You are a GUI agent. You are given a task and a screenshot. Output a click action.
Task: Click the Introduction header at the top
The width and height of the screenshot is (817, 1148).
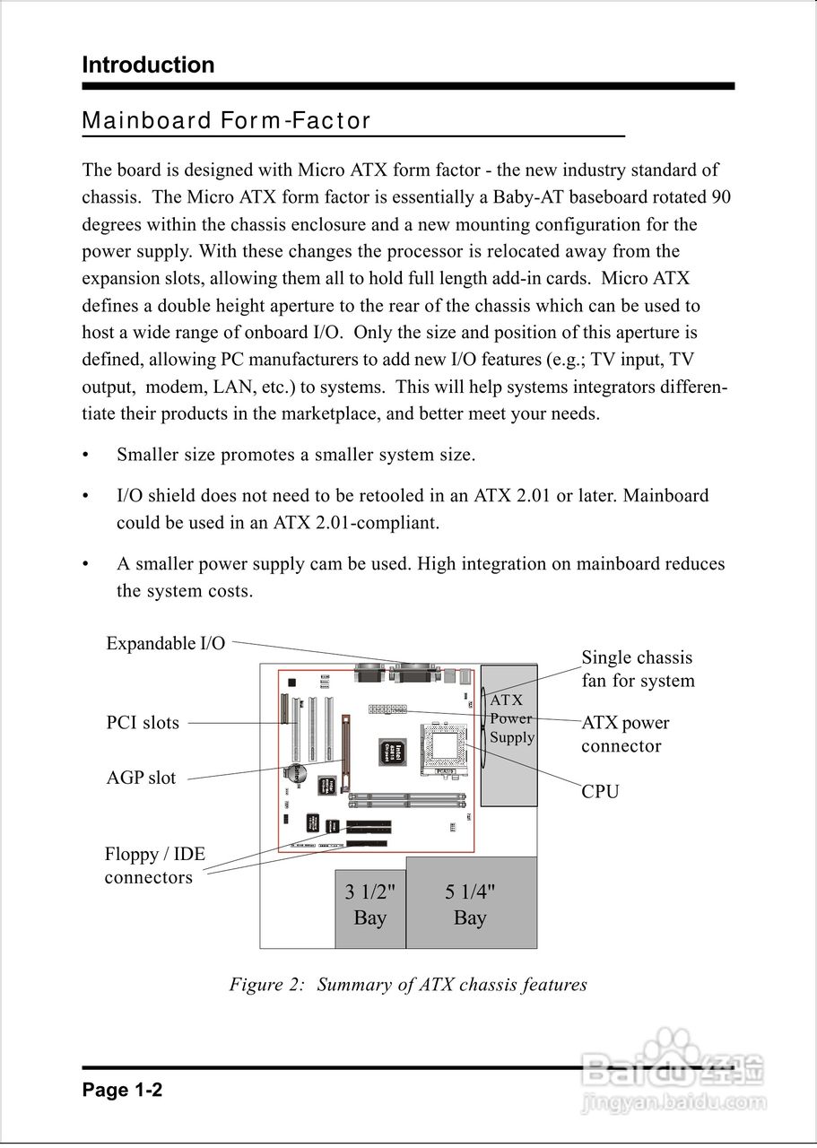tap(148, 65)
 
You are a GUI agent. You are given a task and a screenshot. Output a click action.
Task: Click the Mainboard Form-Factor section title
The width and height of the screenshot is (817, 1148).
tap(226, 121)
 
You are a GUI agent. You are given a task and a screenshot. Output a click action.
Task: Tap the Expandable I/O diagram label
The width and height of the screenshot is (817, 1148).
tap(166, 643)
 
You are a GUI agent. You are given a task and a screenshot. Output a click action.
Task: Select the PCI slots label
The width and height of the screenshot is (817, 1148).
tap(143, 723)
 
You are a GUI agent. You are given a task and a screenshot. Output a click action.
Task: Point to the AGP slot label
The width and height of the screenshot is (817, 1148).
tap(141, 778)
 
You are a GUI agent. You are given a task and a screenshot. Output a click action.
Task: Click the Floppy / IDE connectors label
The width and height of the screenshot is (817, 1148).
tap(154, 865)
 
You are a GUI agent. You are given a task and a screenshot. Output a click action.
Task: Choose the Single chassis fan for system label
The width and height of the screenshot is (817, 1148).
tap(638, 669)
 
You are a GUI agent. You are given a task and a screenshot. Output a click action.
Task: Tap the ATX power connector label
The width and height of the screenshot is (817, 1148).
tap(625, 734)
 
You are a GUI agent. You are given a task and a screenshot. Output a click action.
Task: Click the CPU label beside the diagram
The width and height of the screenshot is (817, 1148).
tap(600, 792)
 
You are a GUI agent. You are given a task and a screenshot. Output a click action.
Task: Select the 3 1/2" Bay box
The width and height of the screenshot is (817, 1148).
tap(369, 908)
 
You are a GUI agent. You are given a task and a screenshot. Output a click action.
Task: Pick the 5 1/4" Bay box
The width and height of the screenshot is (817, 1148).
tap(471, 903)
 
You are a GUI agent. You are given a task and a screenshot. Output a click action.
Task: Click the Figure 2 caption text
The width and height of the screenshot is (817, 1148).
tap(408, 985)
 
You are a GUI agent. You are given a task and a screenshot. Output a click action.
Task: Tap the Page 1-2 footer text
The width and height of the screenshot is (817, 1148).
tap(122, 1091)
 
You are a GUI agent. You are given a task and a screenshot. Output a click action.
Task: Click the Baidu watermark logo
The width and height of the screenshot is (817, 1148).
tap(673, 1063)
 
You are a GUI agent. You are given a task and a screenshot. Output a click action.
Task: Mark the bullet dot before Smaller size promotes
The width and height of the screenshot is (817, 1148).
tap(86, 456)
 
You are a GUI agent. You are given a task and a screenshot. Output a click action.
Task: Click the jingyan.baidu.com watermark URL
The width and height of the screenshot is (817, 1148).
tap(674, 1100)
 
